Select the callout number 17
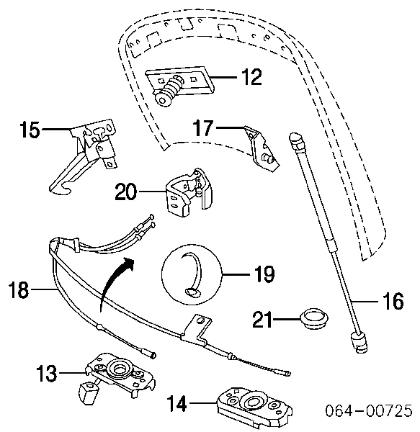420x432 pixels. [203, 129]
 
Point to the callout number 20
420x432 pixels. [126, 192]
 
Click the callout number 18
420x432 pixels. [19, 291]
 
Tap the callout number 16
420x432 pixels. [393, 302]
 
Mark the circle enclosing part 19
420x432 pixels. [192, 274]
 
